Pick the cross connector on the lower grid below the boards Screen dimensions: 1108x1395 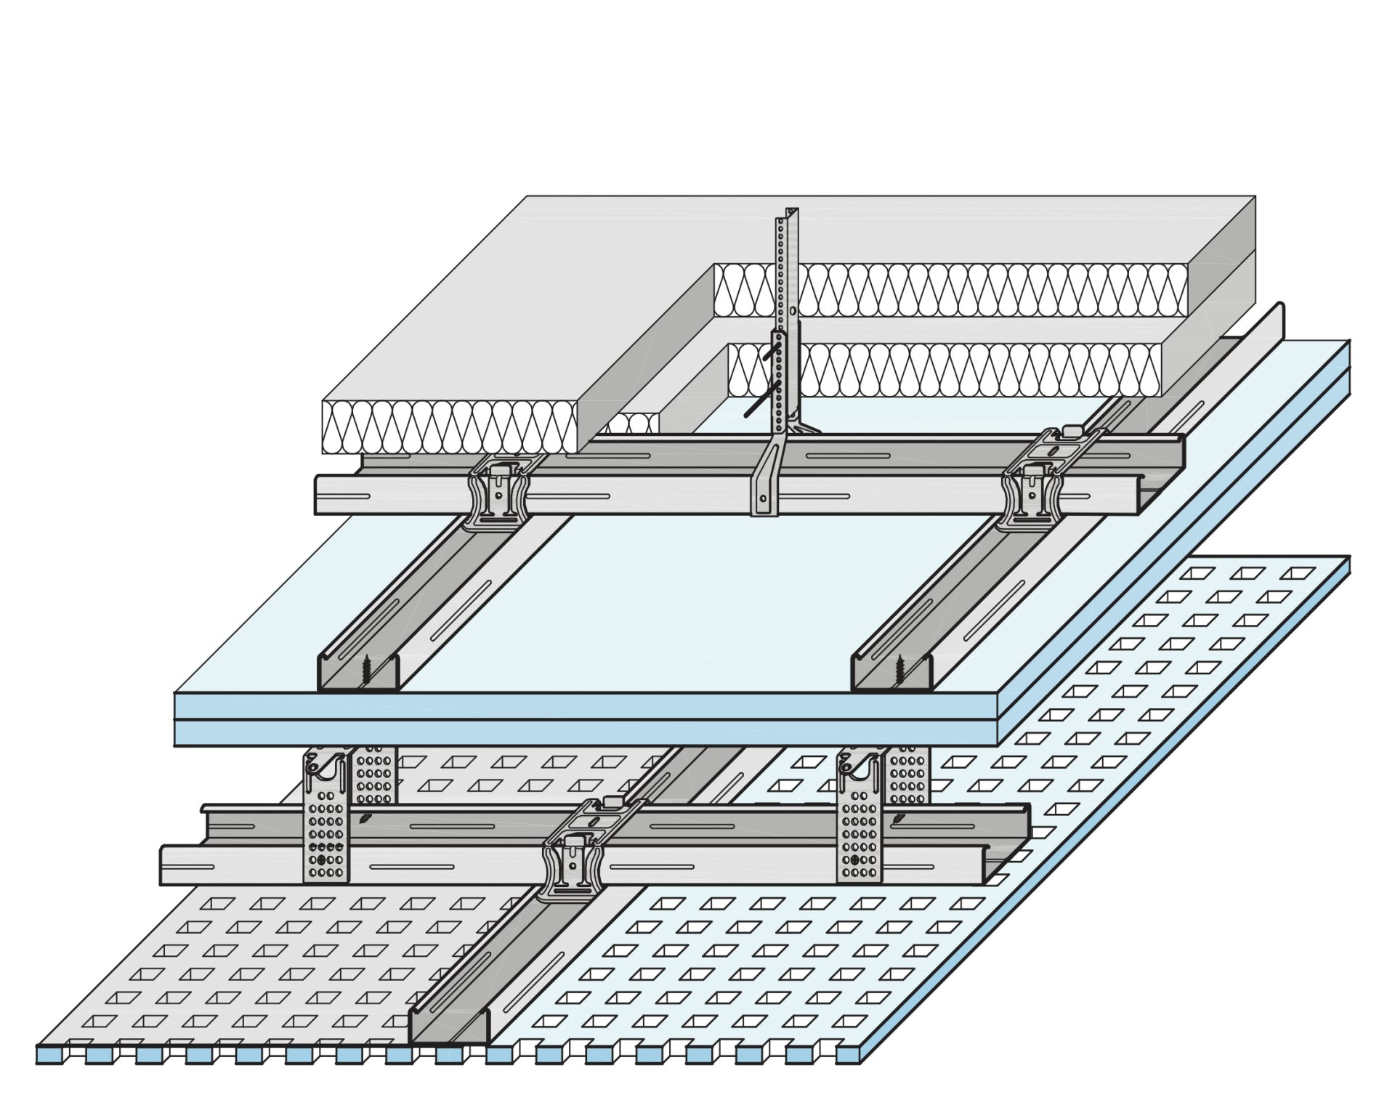click(573, 865)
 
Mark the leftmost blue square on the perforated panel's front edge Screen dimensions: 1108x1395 click(49, 1054)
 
